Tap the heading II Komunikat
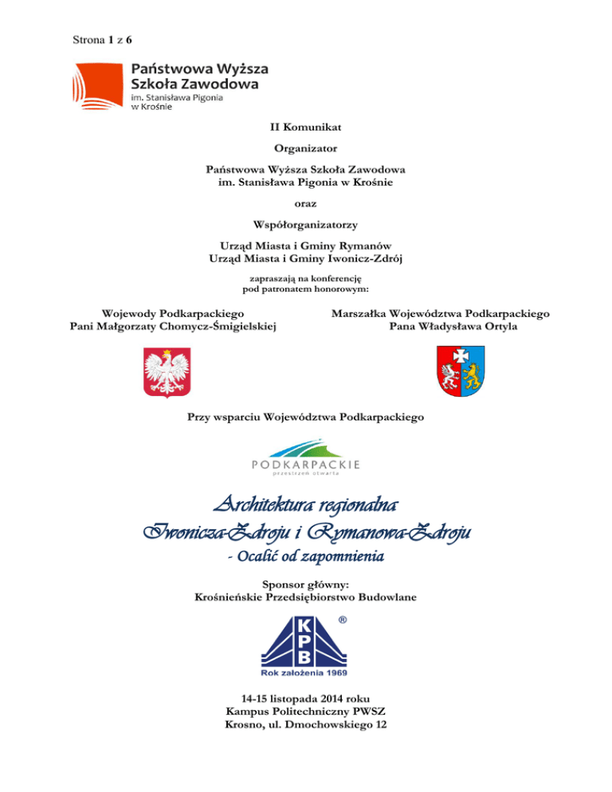[x=305, y=126]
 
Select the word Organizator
[x=305, y=148]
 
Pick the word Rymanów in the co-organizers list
[x=365, y=246]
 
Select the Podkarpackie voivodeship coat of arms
[x=462, y=371]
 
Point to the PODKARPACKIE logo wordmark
[x=305, y=464]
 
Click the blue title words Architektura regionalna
[x=305, y=507]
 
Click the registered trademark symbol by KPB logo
[x=341, y=620]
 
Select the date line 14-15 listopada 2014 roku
[x=305, y=699]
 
